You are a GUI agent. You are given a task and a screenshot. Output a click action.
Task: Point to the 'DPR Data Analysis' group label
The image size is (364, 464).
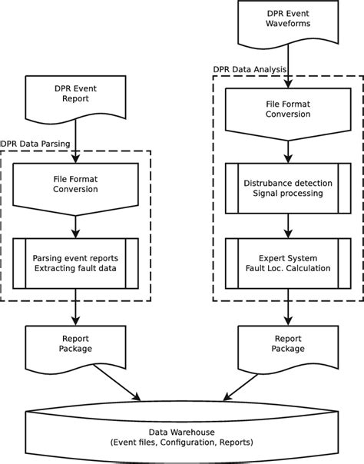[x=250, y=69]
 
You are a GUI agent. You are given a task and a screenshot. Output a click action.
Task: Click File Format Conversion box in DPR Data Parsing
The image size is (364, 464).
[x=74, y=184]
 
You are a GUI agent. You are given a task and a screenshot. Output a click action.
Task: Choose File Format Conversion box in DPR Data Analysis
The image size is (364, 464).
[x=287, y=110]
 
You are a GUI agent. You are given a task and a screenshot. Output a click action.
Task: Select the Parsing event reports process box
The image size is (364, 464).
[x=74, y=263]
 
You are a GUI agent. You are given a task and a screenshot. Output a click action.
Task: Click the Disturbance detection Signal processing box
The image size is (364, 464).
[x=287, y=188]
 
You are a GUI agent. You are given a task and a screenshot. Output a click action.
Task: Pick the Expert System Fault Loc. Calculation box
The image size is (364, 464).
[x=287, y=263]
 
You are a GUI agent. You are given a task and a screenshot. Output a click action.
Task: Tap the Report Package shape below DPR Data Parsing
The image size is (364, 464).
[x=74, y=341]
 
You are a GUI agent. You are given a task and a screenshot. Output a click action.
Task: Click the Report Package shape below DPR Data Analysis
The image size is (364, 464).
[x=287, y=341]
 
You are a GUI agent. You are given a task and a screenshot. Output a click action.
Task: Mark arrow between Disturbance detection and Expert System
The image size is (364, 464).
[x=287, y=224]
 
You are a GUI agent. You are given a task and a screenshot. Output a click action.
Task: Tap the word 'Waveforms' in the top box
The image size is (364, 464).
[x=287, y=23]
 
